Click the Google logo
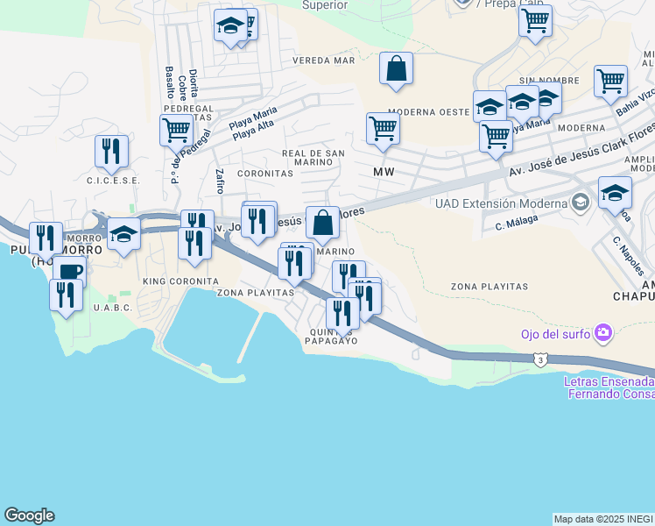pos(29,515)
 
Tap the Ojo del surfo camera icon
pos(602,332)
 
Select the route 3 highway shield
pos(543,359)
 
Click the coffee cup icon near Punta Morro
pos(70,272)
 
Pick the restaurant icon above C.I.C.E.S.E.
pos(111,151)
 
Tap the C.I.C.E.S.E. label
pos(113,181)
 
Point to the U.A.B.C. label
pos(113,308)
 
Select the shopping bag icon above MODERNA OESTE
pos(396,68)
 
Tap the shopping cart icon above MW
pos(384,128)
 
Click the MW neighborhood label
pos(384,172)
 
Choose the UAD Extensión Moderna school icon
pos(579,203)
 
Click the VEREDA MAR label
pos(324,60)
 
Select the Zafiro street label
pos(219,181)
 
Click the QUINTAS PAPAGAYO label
pos(331,336)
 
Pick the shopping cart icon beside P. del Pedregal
pos(176,131)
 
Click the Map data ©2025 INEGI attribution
pos(603,518)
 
